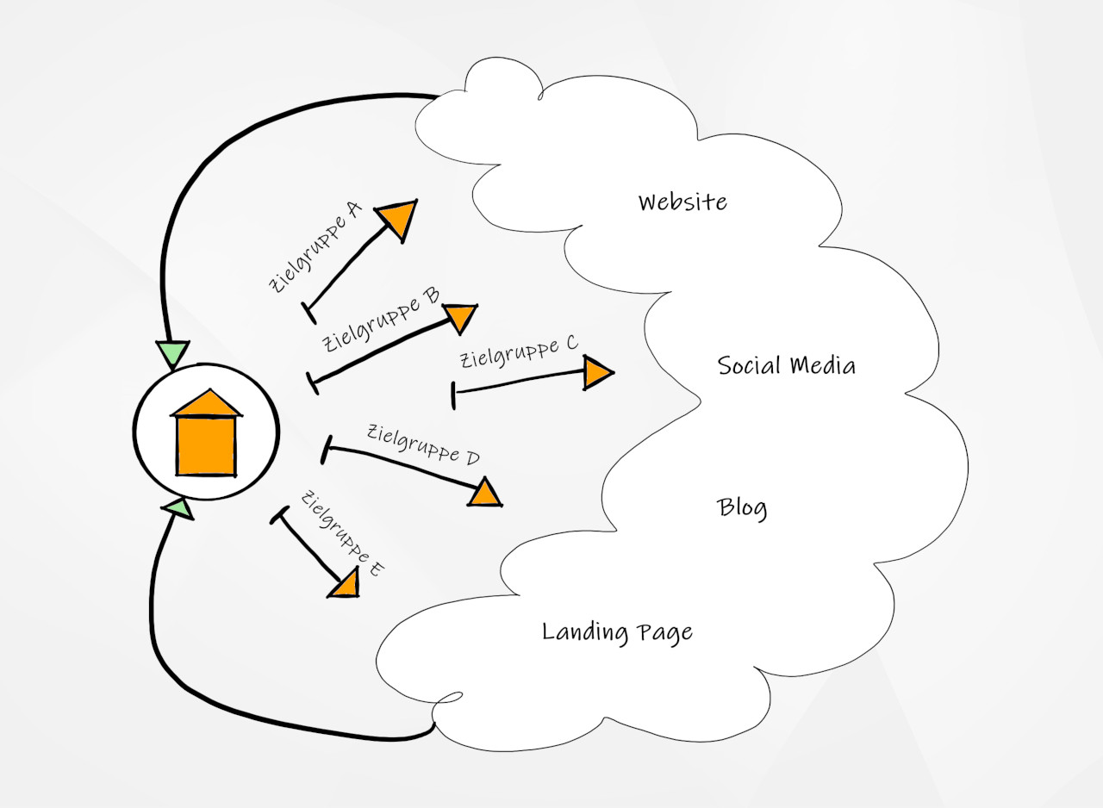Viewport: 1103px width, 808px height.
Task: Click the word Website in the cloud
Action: point(682,202)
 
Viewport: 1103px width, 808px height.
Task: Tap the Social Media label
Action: point(786,365)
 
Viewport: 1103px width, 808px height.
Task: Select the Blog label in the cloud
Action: point(742,507)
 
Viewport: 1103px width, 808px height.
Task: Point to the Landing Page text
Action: point(617,632)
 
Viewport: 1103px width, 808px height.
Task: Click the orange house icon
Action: point(206,443)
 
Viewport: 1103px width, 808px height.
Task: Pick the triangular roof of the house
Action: point(206,403)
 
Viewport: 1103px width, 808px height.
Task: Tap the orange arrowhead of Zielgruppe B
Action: point(461,317)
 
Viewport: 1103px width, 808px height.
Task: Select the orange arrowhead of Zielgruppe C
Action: point(596,373)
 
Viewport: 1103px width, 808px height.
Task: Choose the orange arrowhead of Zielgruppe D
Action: point(487,494)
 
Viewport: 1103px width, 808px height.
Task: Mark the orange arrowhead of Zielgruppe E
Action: point(346,585)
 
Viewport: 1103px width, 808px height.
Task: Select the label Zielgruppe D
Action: point(422,444)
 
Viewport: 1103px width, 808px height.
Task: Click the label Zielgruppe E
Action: point(342,533)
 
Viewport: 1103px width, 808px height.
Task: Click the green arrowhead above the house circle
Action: point(172,352)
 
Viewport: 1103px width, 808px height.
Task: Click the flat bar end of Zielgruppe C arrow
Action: point(454,395)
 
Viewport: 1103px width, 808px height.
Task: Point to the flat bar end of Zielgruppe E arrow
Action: point(280,515)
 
